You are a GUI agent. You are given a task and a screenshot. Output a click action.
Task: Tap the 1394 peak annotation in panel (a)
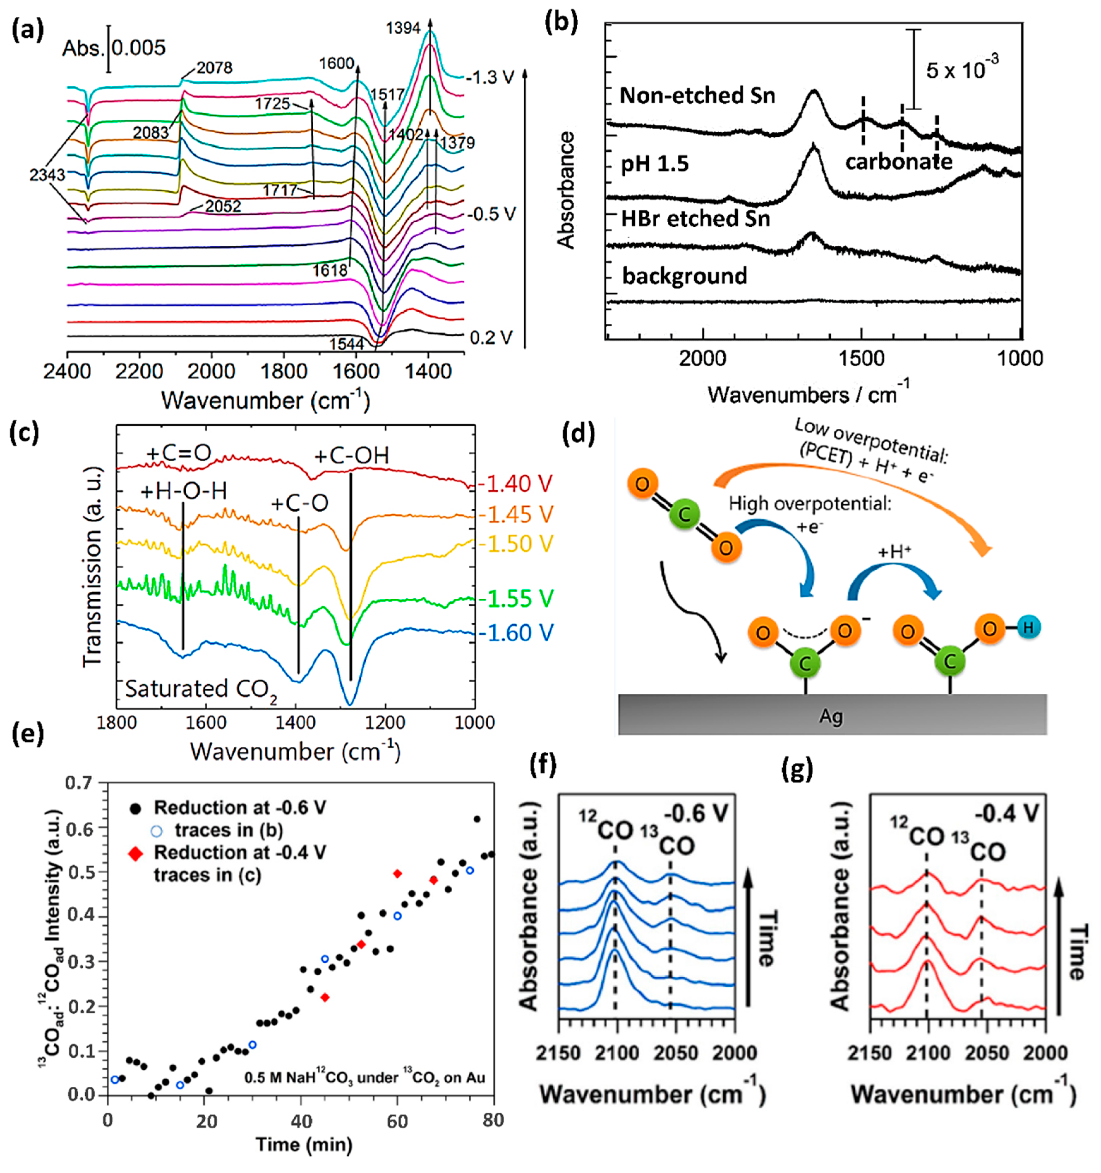click(x=403, y=28)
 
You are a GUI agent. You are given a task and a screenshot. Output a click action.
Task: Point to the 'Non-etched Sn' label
click(x=697, y=95)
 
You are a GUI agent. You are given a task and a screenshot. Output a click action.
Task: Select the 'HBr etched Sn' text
click(x=695, y=218)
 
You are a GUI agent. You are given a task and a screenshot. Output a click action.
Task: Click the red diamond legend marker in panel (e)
click(x=136, y=854)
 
